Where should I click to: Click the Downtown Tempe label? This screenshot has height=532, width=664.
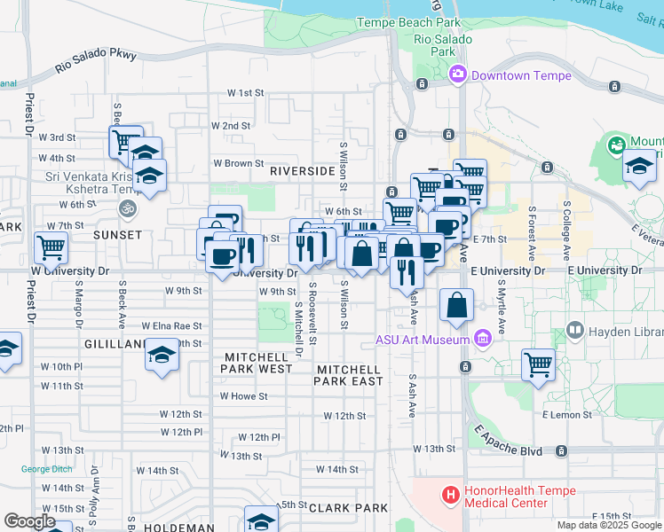pos(521,75)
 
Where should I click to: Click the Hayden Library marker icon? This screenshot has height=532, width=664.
pos(574,332)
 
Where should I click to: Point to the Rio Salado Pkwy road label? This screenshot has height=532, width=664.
pos(96,60)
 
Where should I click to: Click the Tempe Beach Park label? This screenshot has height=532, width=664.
pos(408,21)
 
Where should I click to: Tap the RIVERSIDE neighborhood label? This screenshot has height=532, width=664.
pos(302,170)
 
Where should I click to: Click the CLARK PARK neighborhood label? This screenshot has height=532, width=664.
pos(348,508)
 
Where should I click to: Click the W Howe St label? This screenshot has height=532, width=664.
pos(243,396)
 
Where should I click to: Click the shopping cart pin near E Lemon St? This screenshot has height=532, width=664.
pos(538,364)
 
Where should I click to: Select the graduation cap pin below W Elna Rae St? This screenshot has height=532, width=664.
pos(162,356)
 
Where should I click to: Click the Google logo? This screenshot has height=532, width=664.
pos(29,521)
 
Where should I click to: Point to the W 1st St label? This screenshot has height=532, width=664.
pos(246,92)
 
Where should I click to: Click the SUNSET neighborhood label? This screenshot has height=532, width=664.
pos(118,235)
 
